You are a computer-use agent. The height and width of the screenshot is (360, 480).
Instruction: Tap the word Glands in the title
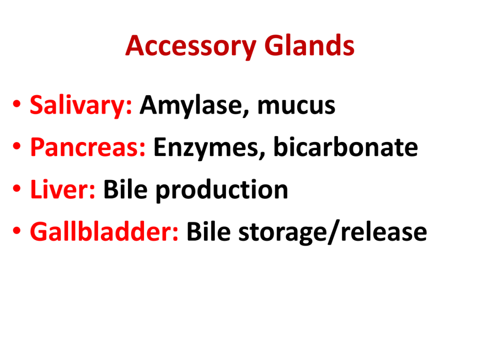tap(309, 45)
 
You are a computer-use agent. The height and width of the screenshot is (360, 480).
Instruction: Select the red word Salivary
tap(81, 105)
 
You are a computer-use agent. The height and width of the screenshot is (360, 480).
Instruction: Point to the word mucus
tap(296, 106)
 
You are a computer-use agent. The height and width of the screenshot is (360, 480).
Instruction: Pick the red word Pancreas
tap(88, 148)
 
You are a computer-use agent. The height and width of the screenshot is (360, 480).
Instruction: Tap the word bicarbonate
tap(345, 147)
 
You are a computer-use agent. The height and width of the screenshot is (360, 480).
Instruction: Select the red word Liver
tap(63, 189)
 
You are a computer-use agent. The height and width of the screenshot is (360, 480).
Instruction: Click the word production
tap(222, 190)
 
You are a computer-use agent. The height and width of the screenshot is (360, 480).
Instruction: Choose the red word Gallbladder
tap(104, 232)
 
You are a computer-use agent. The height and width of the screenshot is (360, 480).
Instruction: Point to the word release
tap(384, 232)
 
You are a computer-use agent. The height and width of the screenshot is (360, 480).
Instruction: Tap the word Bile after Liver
tap(126, 189)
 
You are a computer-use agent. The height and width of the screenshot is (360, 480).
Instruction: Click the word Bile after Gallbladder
tap(209, 232)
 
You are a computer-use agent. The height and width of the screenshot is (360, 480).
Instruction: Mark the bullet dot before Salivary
tap(17, 104)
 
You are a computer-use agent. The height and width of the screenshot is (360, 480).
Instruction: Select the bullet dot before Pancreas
tap(17, 146)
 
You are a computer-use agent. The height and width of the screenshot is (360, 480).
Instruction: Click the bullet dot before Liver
tap(17, 187)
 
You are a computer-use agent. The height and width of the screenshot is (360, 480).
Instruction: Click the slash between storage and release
tap(334, 232)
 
